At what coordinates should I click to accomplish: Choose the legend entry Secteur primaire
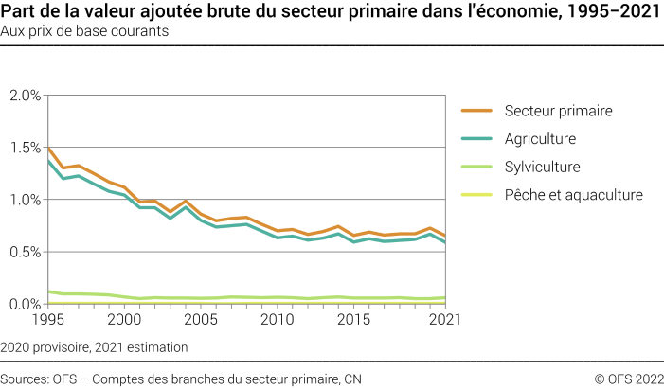(559, 111)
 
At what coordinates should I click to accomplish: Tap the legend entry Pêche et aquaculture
(573, 195)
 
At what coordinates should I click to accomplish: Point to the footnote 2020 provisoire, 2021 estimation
(94, 347)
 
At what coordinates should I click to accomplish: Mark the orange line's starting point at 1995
(47, 148)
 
